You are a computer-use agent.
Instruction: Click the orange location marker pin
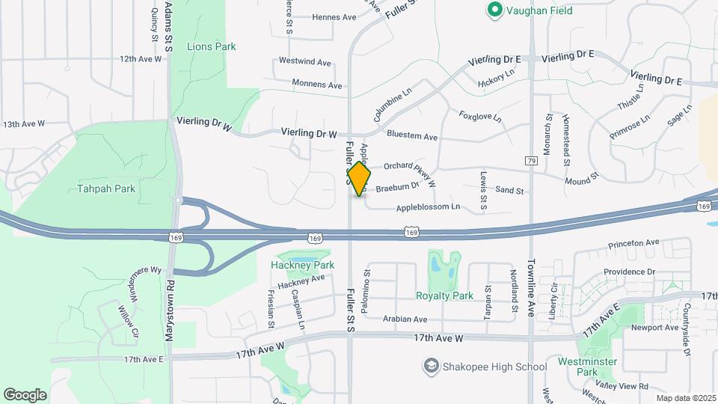pyautogui.click(x=359, y=179)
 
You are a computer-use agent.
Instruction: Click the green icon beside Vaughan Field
pyautogui.click(x=494, y=10)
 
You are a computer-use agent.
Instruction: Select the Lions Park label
pyautogui.click(x=211, y=46)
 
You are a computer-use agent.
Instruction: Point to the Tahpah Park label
pyautogui.click(x=106, y=189)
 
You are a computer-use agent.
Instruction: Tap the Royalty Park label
pyautogui.click(x=444, y=296)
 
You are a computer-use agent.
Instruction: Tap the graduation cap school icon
pyautogui.click(x=431, y=366)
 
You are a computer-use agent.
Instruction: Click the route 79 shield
pyautogui.click(x=531, y=161)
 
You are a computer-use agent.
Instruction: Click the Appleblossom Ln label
pyautogui.click(x=428, y=206)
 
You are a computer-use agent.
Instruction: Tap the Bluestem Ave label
pyautogui.click(x=412, y=136)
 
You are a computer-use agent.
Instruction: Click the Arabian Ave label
pyautogui.click(x=405, y=319)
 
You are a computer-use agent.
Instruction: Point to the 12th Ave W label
pyautogui.click(x=140, y=58)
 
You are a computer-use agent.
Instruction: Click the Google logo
pyautogui.click(x=25, y=394)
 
